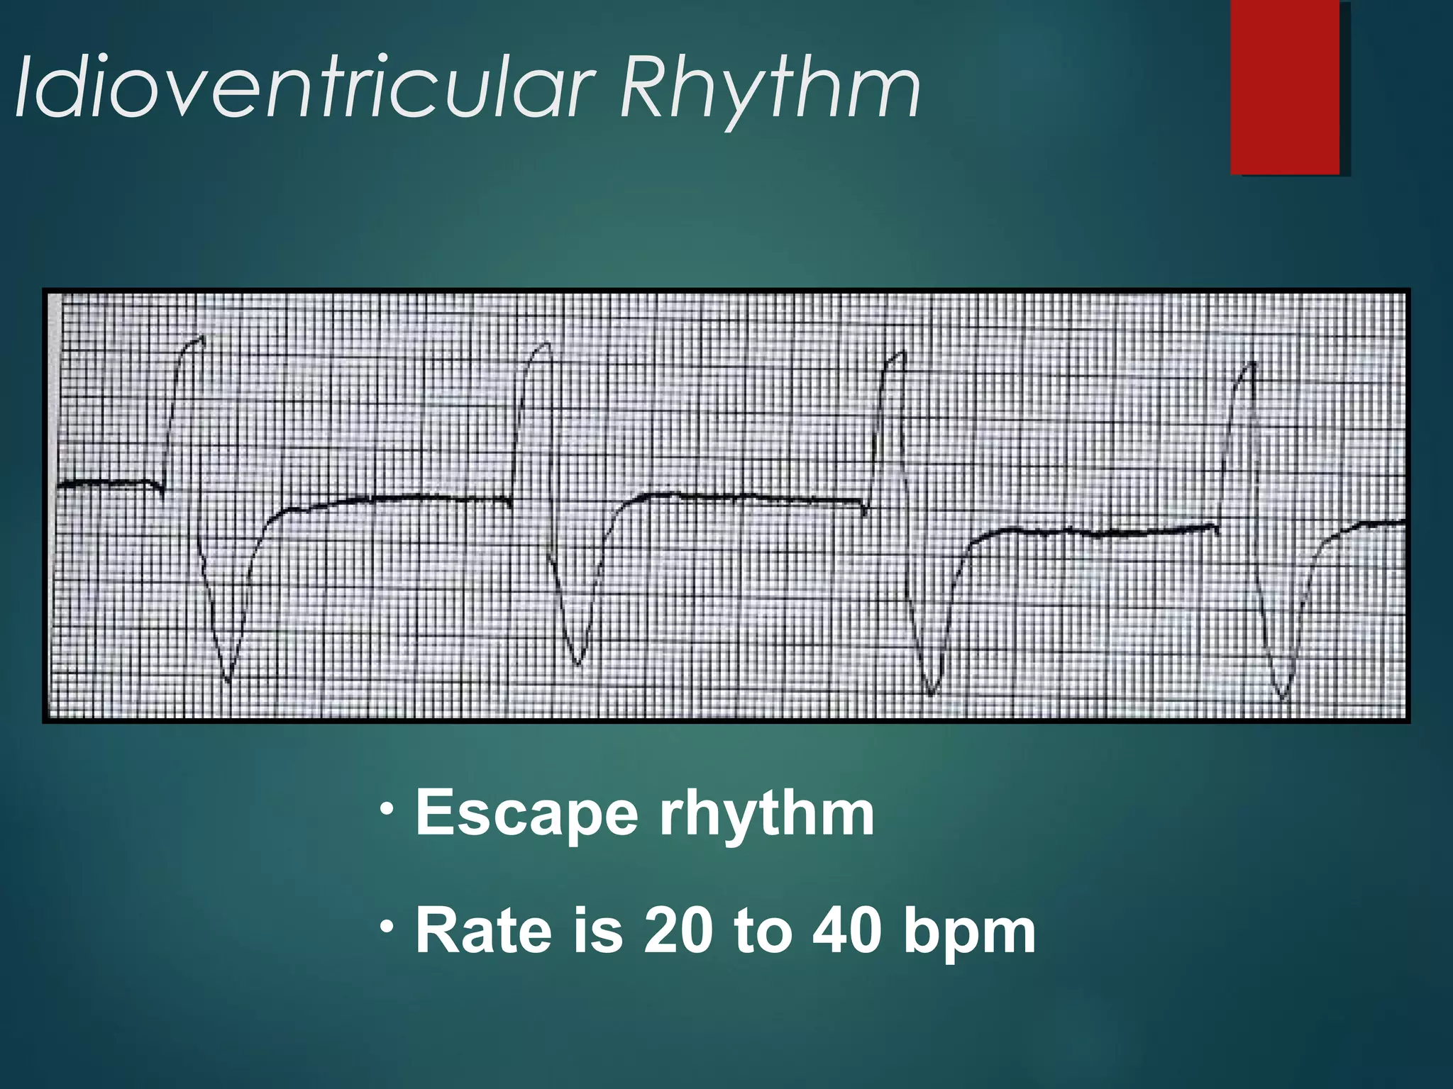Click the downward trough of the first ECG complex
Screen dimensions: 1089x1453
pos(228,679)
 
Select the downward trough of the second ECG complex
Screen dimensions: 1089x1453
pos(578,663)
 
